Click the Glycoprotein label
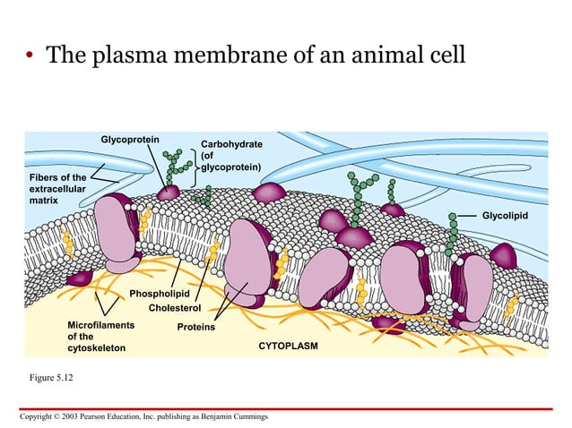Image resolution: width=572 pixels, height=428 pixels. tap(130, 139)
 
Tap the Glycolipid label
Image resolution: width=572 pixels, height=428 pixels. tap(505, 216)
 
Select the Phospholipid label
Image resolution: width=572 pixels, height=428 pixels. tap(159, 294)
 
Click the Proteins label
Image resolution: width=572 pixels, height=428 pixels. tap(196, 327)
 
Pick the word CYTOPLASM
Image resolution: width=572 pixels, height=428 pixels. tap(288, 345)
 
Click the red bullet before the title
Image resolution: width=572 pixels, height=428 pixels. tap(30, 58)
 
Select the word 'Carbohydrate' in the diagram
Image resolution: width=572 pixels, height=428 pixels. tap(231, 143)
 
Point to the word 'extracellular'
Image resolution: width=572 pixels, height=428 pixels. tap(59, 189)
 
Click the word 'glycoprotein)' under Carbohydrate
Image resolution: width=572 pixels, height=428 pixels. tap(230, 167)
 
